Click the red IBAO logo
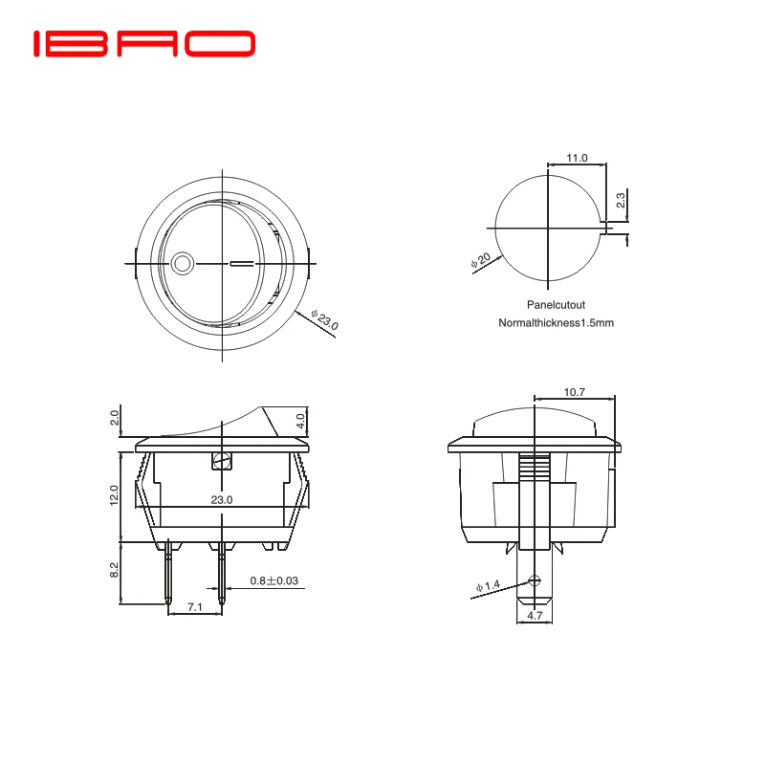143,43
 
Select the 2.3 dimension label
621,201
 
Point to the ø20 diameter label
481,261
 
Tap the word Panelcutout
556,304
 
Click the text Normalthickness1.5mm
556,323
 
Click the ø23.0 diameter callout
326,320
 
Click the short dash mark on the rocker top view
244,262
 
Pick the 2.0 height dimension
115,418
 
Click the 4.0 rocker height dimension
300,419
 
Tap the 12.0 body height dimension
114,495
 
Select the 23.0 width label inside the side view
222,500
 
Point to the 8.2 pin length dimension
114,571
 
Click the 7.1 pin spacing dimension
194,607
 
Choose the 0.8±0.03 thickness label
274,580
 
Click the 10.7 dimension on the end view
575,392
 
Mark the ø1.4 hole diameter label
488,586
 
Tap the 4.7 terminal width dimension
535,617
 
